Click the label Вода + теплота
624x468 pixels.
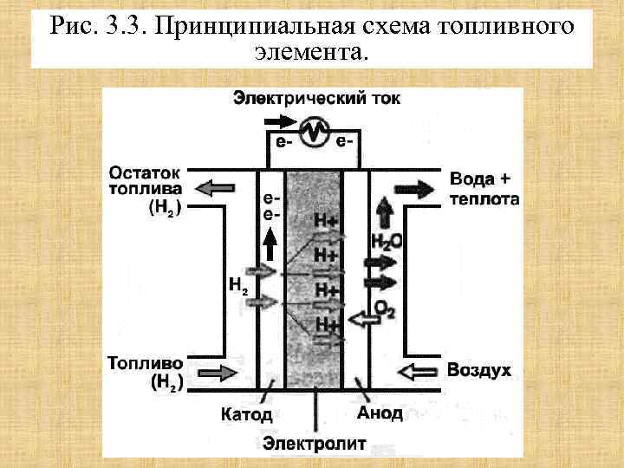[483, 188]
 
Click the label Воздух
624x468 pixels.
[479, 371]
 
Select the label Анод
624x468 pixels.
[380, 413]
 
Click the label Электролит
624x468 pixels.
[315, 445]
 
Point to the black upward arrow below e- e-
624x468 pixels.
[270, 244]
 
